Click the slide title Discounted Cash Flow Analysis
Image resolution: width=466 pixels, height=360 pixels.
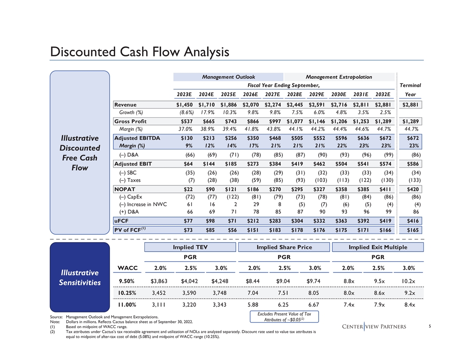tap(139, 52)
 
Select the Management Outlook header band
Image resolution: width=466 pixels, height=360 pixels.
tap(228, 77)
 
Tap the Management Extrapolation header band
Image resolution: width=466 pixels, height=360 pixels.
tap(338, 77)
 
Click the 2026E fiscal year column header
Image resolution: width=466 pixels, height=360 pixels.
tap(250, 94)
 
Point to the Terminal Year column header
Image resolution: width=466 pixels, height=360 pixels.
tap(410, 90)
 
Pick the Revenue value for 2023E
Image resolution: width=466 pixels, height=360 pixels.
tap(184, 105)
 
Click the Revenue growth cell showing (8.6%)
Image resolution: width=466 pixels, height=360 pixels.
tap(185, 113)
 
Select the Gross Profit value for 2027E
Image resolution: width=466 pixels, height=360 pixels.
tap(274, 121)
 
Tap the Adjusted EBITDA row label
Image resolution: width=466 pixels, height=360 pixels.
tap(137, 138)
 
